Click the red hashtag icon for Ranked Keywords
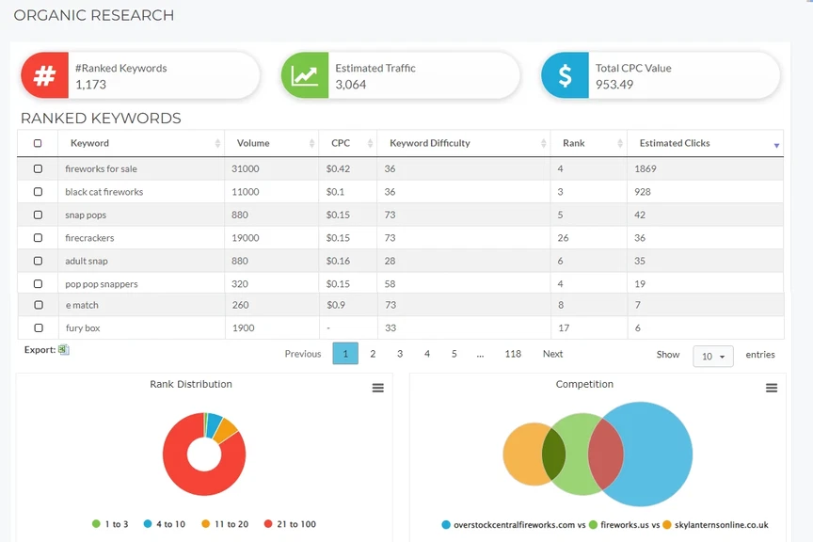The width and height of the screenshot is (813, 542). [x=44, y=76]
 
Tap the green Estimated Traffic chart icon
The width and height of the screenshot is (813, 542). [x=304, y=76]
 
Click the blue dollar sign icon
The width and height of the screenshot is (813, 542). [x=564, y=76]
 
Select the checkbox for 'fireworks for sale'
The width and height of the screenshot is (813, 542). [x=38, y=169]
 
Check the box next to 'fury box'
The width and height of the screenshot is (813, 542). [x=38, y=328]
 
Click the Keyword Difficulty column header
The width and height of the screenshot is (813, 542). [x=430, y=143]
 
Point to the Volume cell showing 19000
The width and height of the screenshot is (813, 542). [x=246, y=238]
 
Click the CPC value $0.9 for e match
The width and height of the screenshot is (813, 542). [x=335, y=305]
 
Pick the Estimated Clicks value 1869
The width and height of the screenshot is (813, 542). [x=646, y=169]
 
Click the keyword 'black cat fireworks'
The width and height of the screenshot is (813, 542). [x=104, y=192]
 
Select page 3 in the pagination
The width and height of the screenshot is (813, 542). [x=400, y=354]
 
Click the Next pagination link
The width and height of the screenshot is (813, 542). [x=552, y=354]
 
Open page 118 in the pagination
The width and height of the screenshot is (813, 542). [x=513, y=354]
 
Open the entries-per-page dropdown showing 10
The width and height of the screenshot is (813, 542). [x=713, y=356]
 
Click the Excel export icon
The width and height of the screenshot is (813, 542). [x=64, y=350]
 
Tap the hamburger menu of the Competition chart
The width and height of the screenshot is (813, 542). [x=772, y=388]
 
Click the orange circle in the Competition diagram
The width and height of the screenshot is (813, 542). [x=525, y=454]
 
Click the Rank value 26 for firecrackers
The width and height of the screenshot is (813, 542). [x=563, y=238]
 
